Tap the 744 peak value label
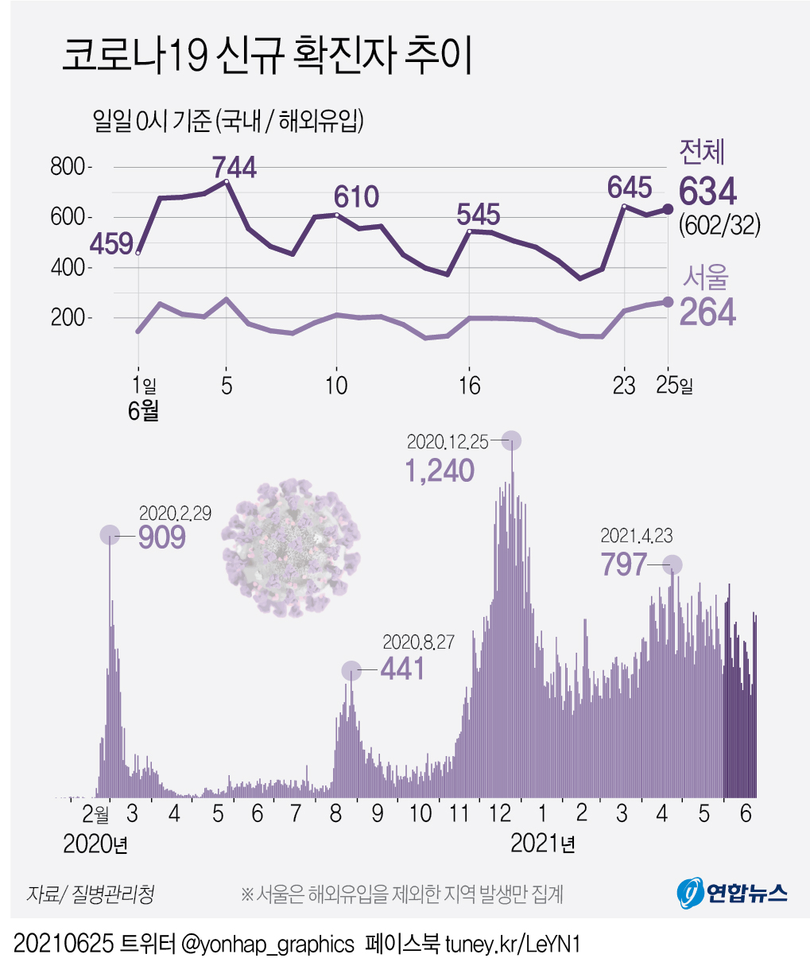pos(234,167)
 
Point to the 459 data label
pos(111,243)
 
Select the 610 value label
pos(356,196)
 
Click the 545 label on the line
pos(478,214)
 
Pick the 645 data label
pos(630,188)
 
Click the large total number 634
pos(707,192)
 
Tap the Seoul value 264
pos(707,312)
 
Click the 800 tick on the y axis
pos(68,167)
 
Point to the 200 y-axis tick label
pos(68,318)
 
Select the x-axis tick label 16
pos(470,386)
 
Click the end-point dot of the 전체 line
pos(669,209)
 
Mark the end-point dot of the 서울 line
pos(669,302)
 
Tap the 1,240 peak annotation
pos(440,471)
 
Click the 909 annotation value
pos(162,537)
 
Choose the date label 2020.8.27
pos(419,642)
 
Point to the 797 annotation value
pos(624,564)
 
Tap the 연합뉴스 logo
pos(732,893)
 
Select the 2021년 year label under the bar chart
pos(543,844)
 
